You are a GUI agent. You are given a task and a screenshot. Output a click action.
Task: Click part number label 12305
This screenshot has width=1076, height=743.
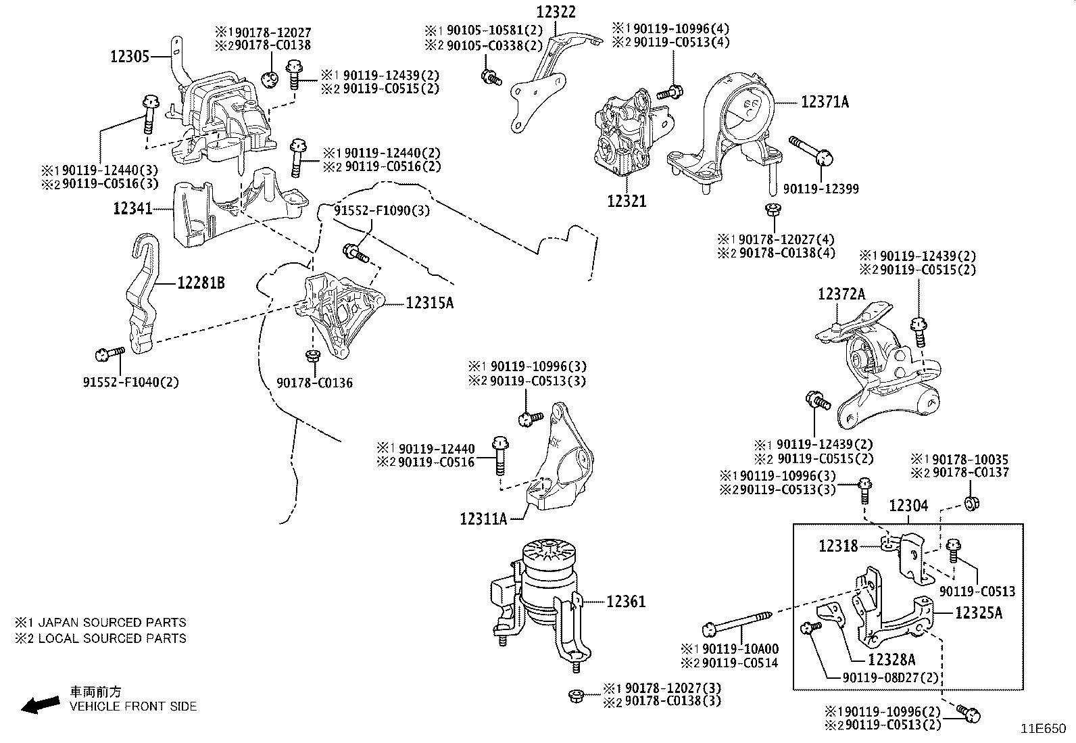pyautogui.click(x=129, y=57)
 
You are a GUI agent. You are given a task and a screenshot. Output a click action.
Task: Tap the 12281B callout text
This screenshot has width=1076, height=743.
pyautogui.click(x=201, y=283)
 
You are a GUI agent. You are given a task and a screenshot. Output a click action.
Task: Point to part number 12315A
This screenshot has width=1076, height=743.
pyautogui.click(x=429, y=303)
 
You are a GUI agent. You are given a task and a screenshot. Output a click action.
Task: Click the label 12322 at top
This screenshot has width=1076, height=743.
pyautogui.click(x=557, y=12)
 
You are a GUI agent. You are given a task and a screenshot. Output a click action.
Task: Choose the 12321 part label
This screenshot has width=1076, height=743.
pyautogui.click(x=626, y=201)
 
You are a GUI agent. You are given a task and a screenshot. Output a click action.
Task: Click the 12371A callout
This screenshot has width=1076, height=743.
pyautogui.click(x=825, y=102)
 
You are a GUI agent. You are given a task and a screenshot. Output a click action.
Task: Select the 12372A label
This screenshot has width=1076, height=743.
pyautogui.click(x=841, y=294)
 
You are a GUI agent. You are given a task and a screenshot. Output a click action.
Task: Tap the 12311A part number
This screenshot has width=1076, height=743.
pyautogui.click(x=483, y=519)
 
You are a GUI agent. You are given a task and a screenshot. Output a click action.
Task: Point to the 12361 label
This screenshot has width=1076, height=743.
pyautogui.click(x=626, y=601)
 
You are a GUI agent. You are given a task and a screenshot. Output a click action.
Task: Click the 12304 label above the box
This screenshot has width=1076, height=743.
pyautogui.click(x=908, y=506)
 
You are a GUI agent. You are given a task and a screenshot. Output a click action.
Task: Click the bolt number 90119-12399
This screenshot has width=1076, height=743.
pyautogui.click(x=821, y=189)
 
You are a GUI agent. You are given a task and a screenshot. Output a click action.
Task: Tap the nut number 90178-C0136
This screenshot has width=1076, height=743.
pyautogui.click(x=314, y=383)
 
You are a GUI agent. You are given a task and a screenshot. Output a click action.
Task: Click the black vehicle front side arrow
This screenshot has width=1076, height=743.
pyautogui.click(x=40, y=704)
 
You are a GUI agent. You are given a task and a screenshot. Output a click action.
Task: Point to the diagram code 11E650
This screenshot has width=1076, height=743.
pyautogui.click(x=1043, y=729)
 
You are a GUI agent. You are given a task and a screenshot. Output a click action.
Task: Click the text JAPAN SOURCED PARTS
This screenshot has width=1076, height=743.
pyautogui.click(x=112, y=622)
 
